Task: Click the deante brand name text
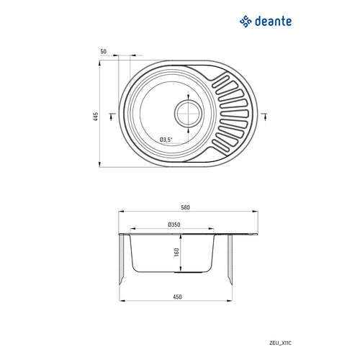(272, 22)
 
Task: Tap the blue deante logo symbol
(246, 22)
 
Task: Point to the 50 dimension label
(104, 52)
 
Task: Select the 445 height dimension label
(95, 114)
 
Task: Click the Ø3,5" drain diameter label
(168, 140)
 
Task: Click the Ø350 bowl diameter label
(174, 225)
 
